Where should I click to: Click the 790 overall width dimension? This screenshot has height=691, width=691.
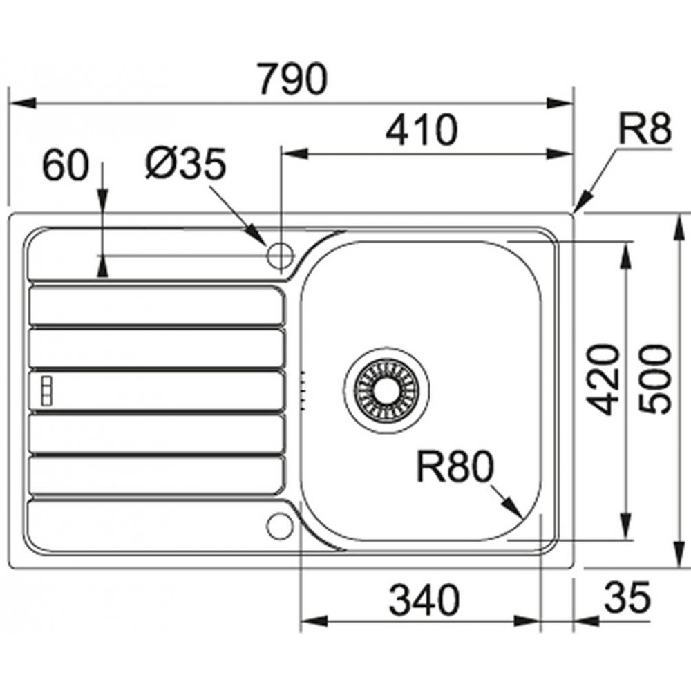(292, 79)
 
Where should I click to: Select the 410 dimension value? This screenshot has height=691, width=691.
(422, 131)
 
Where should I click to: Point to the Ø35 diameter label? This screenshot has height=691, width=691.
(186, 164)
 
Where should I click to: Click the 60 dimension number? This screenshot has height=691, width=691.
(65, 165)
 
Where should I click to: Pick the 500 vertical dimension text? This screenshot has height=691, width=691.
(656, 379)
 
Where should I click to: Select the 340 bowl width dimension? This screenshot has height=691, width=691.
(424, 600)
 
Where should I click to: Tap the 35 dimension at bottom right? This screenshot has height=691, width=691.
(627, 598)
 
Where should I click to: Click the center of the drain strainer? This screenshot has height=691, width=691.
(386, 390)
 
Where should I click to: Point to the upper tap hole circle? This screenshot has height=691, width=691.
(280, 255)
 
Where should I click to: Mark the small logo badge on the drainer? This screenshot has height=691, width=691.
(46, 390)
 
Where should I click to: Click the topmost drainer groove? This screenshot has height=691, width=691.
(156, 305)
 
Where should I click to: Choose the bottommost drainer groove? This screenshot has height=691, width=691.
(156, 475)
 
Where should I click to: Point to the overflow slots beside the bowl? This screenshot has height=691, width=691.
(303, 390)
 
